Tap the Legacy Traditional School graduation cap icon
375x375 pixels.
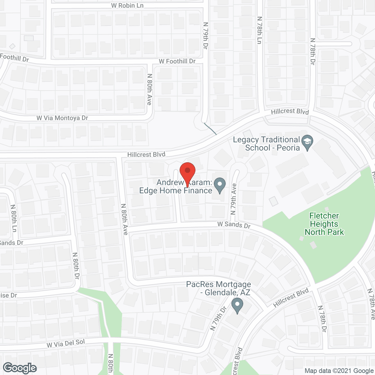(307, 142)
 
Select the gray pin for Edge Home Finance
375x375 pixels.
(220, 185)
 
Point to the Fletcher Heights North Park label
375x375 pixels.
(324, 224)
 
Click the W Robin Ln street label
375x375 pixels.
(127, 6)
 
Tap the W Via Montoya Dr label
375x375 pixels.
(62, 118)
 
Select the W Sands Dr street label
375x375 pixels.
(234, 225)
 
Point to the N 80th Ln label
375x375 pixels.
(13, 218)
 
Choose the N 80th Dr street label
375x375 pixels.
(76, 266)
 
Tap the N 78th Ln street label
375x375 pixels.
(259, 30)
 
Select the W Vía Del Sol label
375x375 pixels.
(66, 343)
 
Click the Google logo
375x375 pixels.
(20, 368)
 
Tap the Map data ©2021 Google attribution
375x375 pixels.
(339, 371)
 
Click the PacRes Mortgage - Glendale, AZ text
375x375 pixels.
(219, 288)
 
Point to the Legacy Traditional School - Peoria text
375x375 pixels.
(266, 144)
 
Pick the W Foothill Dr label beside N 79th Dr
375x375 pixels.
(177, 61)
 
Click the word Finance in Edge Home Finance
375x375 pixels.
(198, 191)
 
